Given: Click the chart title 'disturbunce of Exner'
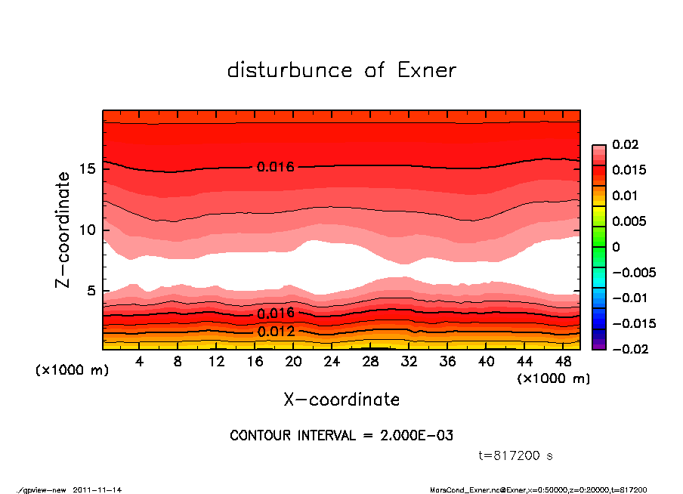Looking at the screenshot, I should click(x=341, y=70).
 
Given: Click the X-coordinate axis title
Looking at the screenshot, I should click(x=341, y=399).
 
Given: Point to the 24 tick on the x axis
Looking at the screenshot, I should click(x=332, y=362).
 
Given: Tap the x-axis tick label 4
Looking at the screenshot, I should click(x=140, y=362).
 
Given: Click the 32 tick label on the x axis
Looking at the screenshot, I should click(x=409, y=362).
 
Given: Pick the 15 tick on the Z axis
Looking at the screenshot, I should click(x=87, y=168).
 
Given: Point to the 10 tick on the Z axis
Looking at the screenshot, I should click(x=87, y=230).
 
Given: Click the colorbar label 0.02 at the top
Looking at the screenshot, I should click(x=625, y=144).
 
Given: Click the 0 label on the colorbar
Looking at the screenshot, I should click(x=616, y=247).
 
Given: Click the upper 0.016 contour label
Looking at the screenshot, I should click(x=275, y=167).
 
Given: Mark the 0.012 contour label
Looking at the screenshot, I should click(x=275, y=331).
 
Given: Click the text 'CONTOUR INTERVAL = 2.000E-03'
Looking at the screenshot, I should click(x=341, y=436).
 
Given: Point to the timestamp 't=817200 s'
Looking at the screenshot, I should click(x=516, y=456).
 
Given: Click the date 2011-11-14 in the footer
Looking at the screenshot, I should click(x=97, y=489).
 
